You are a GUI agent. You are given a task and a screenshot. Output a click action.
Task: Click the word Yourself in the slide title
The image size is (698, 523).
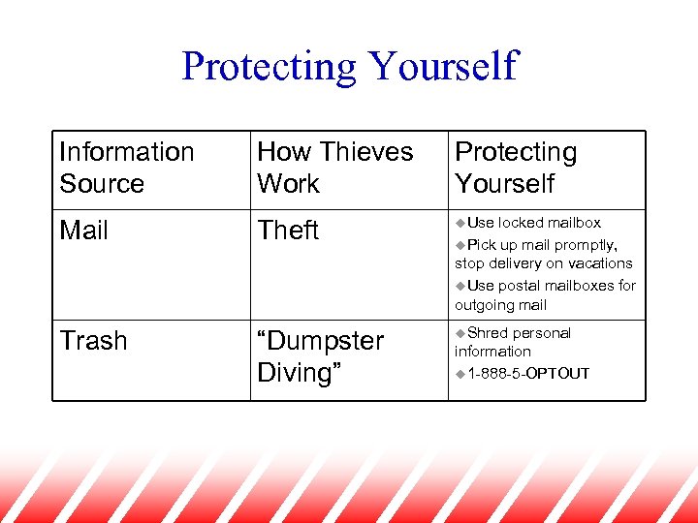[x=443, y=67]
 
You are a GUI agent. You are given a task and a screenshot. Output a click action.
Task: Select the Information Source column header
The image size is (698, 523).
[x=127, y=168]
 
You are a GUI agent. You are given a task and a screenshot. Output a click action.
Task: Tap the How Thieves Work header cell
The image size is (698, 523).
[x=334, y=168]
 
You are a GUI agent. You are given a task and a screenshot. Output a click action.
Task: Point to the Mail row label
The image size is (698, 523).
[x=84, y=231]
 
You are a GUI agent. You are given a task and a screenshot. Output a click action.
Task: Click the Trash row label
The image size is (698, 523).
[x=93, y=341]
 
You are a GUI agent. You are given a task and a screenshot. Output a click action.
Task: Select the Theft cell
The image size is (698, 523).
[x=288, y=231]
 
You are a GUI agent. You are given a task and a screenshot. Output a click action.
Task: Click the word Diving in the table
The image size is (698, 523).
[x=295, y=373]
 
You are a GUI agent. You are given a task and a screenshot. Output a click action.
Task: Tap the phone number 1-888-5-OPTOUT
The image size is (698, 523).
[x=528, y=374]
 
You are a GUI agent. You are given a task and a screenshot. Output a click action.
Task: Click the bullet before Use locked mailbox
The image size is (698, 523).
[x=460, y=223]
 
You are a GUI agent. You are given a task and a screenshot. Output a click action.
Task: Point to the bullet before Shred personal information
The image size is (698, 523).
[x=460, y=333]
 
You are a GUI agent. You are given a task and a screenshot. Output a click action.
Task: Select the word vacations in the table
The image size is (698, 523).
[x=600, y=263]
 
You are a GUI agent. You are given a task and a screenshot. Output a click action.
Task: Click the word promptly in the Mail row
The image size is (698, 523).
[x=583, y=245]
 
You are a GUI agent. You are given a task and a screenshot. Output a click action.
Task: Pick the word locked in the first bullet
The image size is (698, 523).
[x=522, y=223]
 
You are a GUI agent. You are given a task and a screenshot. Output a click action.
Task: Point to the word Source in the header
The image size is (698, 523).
[x=102, y=183]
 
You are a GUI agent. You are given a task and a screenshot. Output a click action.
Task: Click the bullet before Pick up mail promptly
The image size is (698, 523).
[x=460, y=244]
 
